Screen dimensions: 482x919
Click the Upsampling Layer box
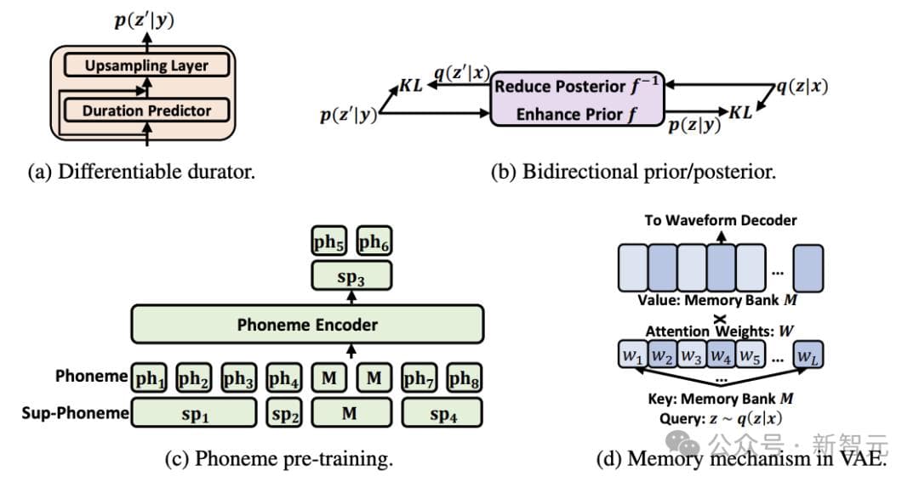[146, 65]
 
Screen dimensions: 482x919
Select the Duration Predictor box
[146, 110]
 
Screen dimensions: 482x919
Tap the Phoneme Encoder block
[307, 324]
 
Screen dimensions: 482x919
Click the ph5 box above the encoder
[328, 243]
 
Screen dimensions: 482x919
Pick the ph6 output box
[373, 243]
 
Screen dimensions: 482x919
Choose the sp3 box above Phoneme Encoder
[351, 276]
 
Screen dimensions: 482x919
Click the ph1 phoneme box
[151, 377]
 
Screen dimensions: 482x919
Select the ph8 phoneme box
[464, 377]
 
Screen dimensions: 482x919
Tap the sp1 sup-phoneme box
[195, 413]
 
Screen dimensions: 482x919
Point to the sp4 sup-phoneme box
[442, 413]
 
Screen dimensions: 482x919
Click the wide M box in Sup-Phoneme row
[351, 413]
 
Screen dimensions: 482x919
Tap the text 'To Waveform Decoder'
[720, 220]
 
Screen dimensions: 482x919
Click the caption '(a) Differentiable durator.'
[141, 171]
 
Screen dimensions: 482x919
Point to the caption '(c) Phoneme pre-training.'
[279, 459]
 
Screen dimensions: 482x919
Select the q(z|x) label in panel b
[802, 85]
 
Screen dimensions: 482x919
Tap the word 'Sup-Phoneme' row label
[76, 414]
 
